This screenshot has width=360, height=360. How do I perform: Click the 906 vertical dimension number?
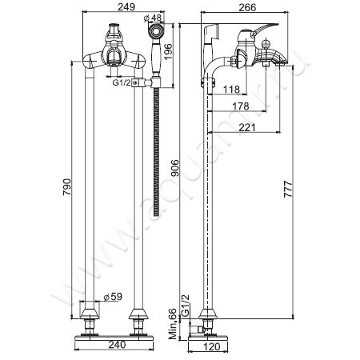pos(175,169)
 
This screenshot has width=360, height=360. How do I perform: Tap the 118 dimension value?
pos(232,90)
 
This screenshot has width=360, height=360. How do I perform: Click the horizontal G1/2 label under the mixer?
pos(122,81)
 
